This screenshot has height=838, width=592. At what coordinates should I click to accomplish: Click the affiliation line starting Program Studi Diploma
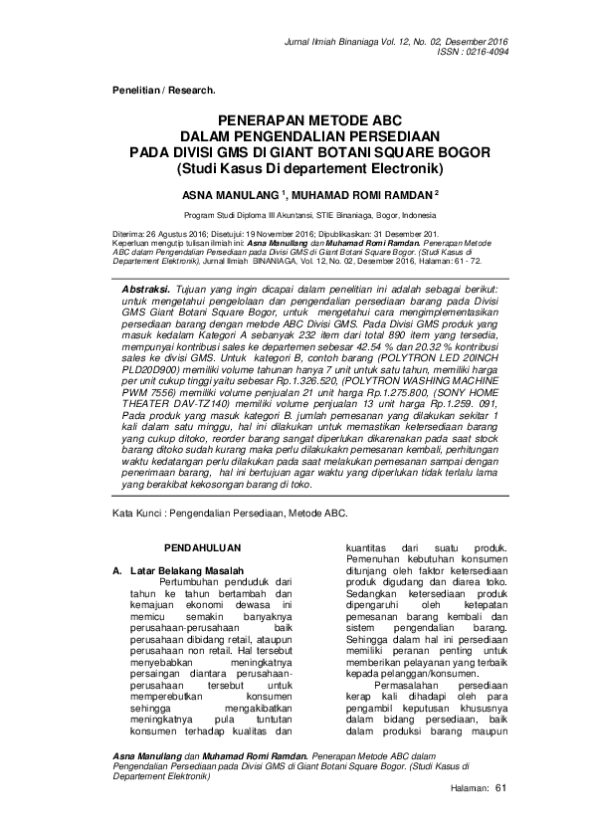(296, 215)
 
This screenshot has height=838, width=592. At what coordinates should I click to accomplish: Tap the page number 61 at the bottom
(500, 788)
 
